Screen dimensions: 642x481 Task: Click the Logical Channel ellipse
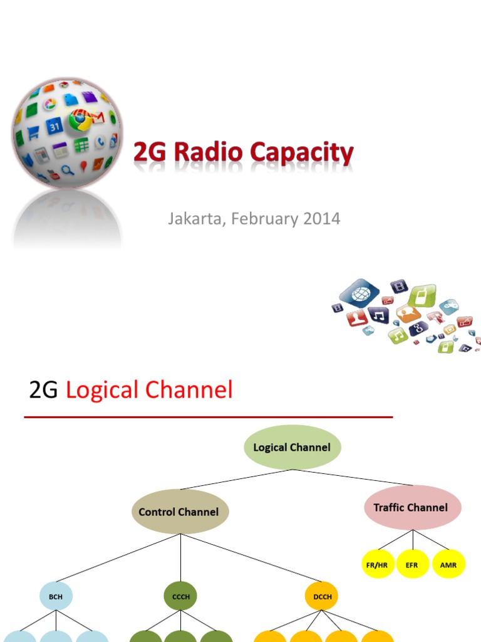(x=292, y=447)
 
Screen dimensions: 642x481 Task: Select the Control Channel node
(x=180, y=512)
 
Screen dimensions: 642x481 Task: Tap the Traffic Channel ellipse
(x=412, y=507)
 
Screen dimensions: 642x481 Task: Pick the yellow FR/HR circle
(x=377, y=564)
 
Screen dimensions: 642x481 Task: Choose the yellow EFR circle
(x=412, y=564)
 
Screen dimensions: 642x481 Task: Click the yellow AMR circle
(x=448, y=564)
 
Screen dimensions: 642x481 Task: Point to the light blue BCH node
(x=56, y=597)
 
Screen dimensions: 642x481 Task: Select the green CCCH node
(x=180, y=597)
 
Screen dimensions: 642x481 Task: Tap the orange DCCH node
(x=323, y=597)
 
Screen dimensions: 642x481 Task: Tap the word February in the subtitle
(x=263, y=219)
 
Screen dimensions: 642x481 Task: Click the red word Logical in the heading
(x=102, y=390)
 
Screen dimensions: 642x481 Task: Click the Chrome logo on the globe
(x=80, y=119)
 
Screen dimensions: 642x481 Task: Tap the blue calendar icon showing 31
(x=54, y=125)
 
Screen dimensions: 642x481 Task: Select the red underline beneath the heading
(x=209, y=417)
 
